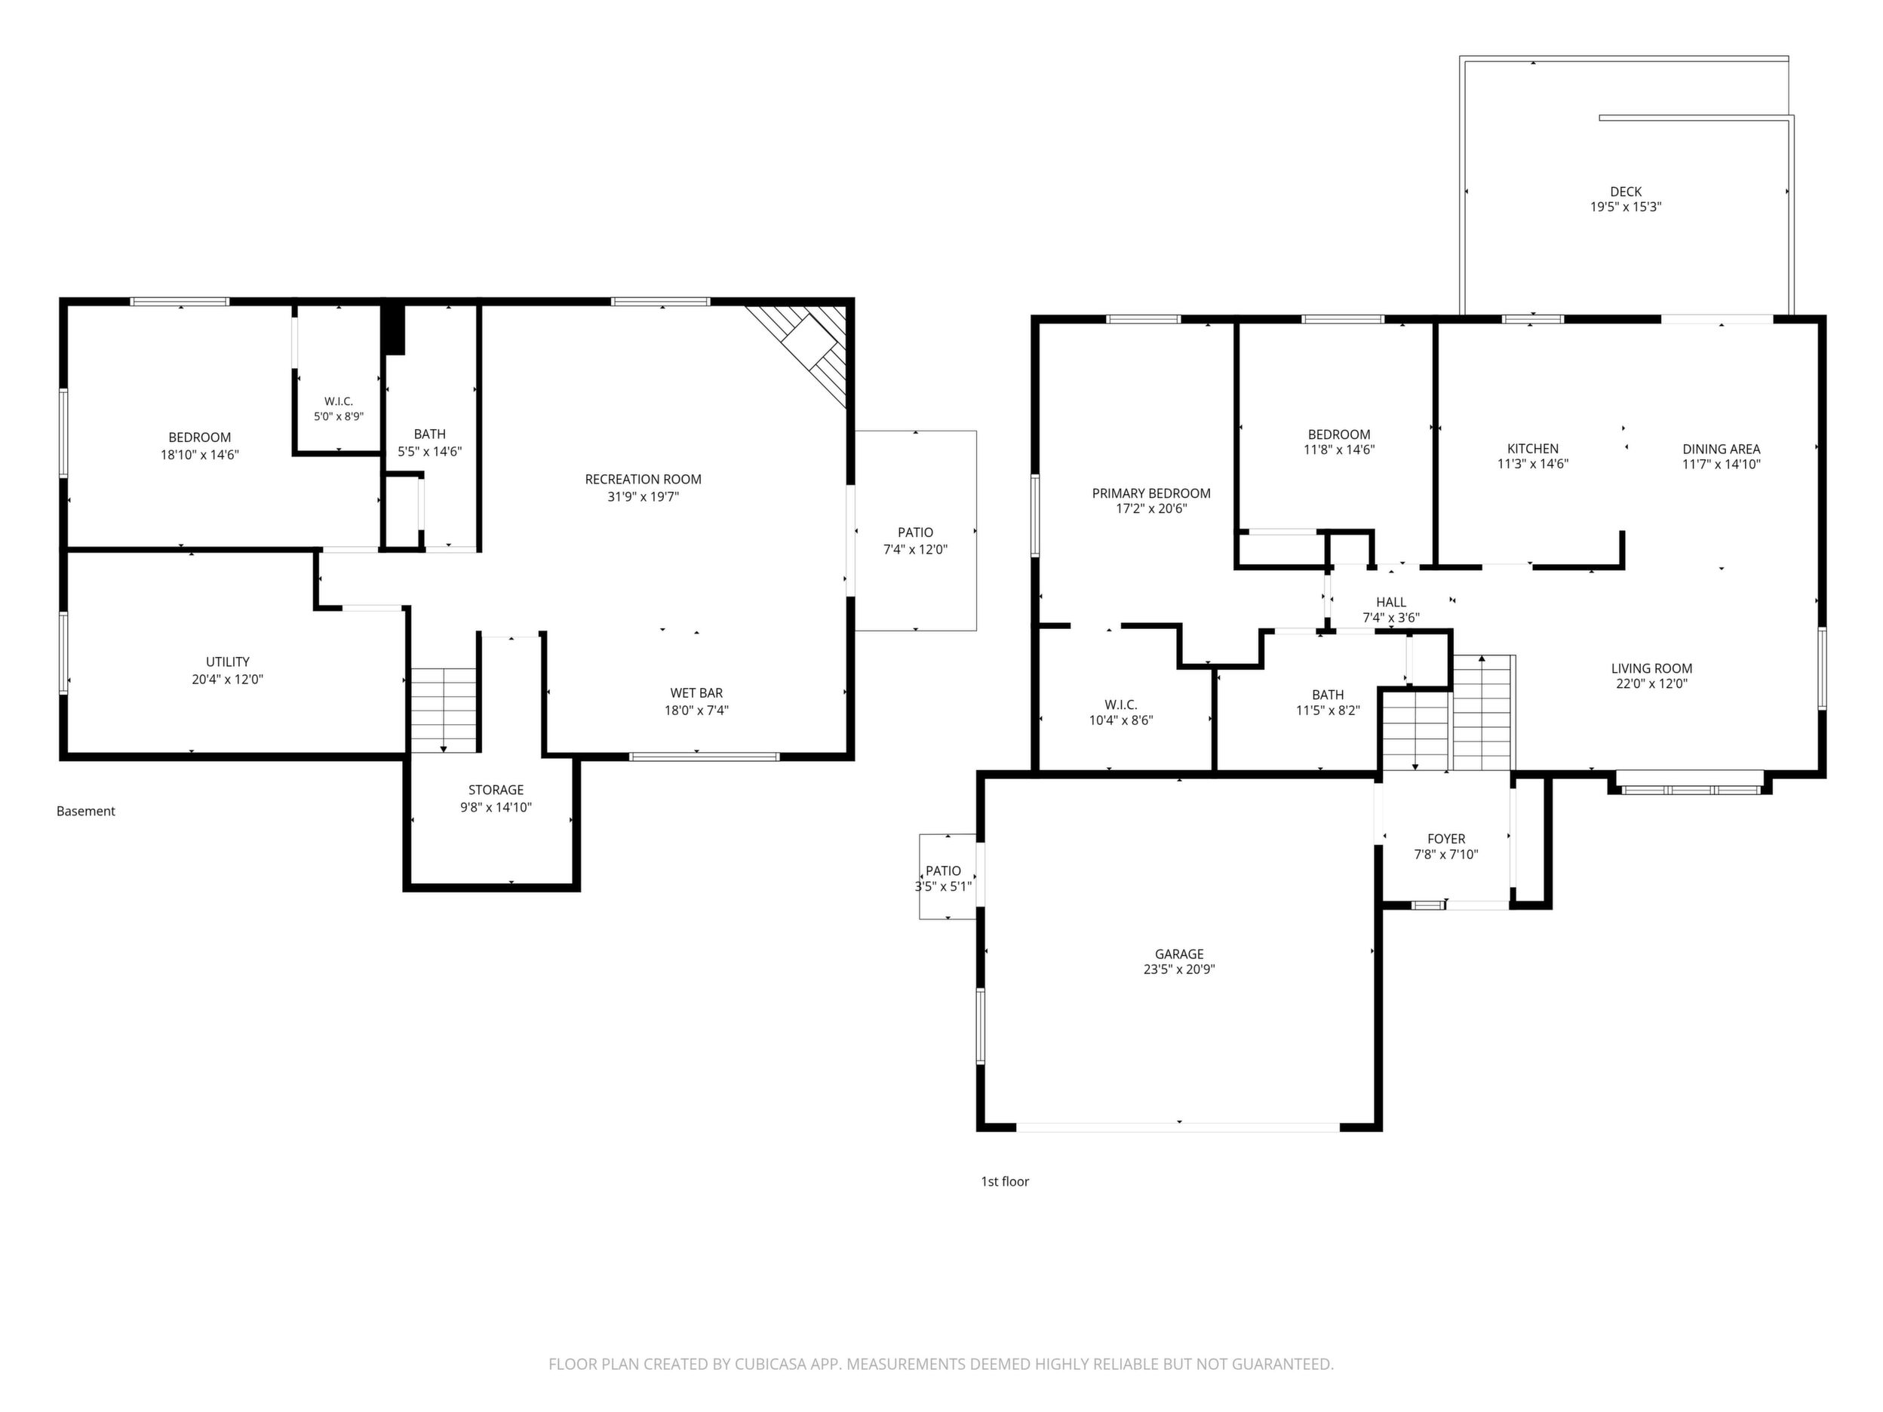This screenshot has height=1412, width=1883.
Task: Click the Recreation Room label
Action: (x=643, y=479)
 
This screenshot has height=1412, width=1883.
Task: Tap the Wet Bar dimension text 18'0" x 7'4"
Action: (x=696, y=711)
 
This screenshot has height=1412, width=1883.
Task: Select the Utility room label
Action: (x=227, y=662)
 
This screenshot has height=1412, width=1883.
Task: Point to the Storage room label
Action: (x=496, y=790)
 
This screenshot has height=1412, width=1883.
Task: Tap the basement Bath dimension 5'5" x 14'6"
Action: (x=430, y=452)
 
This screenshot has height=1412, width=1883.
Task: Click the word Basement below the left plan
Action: (x=86, y=811)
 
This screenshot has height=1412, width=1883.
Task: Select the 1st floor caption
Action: (x=1005, y=1181)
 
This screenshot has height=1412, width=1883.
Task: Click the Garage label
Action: (x=1179, y=954)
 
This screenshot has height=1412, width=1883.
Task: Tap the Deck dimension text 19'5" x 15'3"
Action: (x=1626, y=207)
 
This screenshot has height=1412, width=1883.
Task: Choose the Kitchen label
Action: (x=1533, y=449)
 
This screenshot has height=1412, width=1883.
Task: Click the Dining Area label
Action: (x=1722, y=449)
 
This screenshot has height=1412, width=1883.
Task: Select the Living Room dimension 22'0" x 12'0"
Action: (x=1651, y=683)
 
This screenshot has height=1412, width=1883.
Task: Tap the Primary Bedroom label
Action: (x=1151, y=493)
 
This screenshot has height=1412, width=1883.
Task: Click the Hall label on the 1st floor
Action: (x=1391, y=603)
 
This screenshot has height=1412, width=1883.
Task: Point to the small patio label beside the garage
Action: (x=943, y=870)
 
